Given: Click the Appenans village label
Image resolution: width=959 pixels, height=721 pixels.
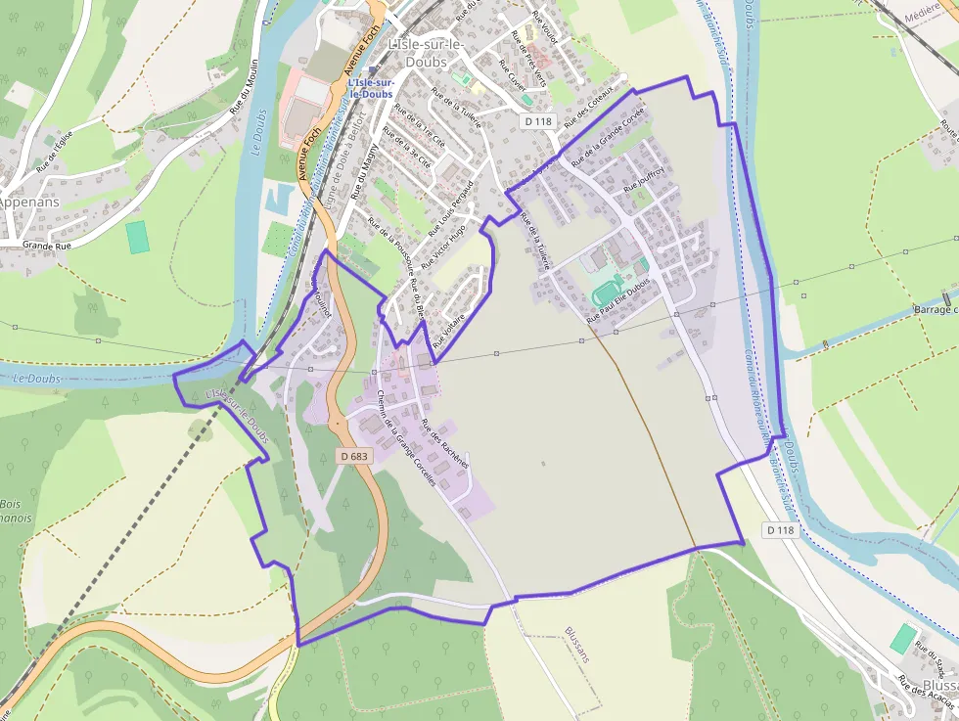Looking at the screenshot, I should click(x=29, y=202).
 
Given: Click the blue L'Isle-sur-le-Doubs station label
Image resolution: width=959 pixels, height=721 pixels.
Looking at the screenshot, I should click(x=371, y=88).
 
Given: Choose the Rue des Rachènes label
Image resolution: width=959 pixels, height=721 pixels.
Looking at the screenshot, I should click(x=445, y=444).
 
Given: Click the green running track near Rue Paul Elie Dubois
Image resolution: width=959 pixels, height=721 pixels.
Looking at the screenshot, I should click(x=607, y=292).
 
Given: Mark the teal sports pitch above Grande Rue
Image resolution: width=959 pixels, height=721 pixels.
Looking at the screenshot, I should click(x=138, y=237).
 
